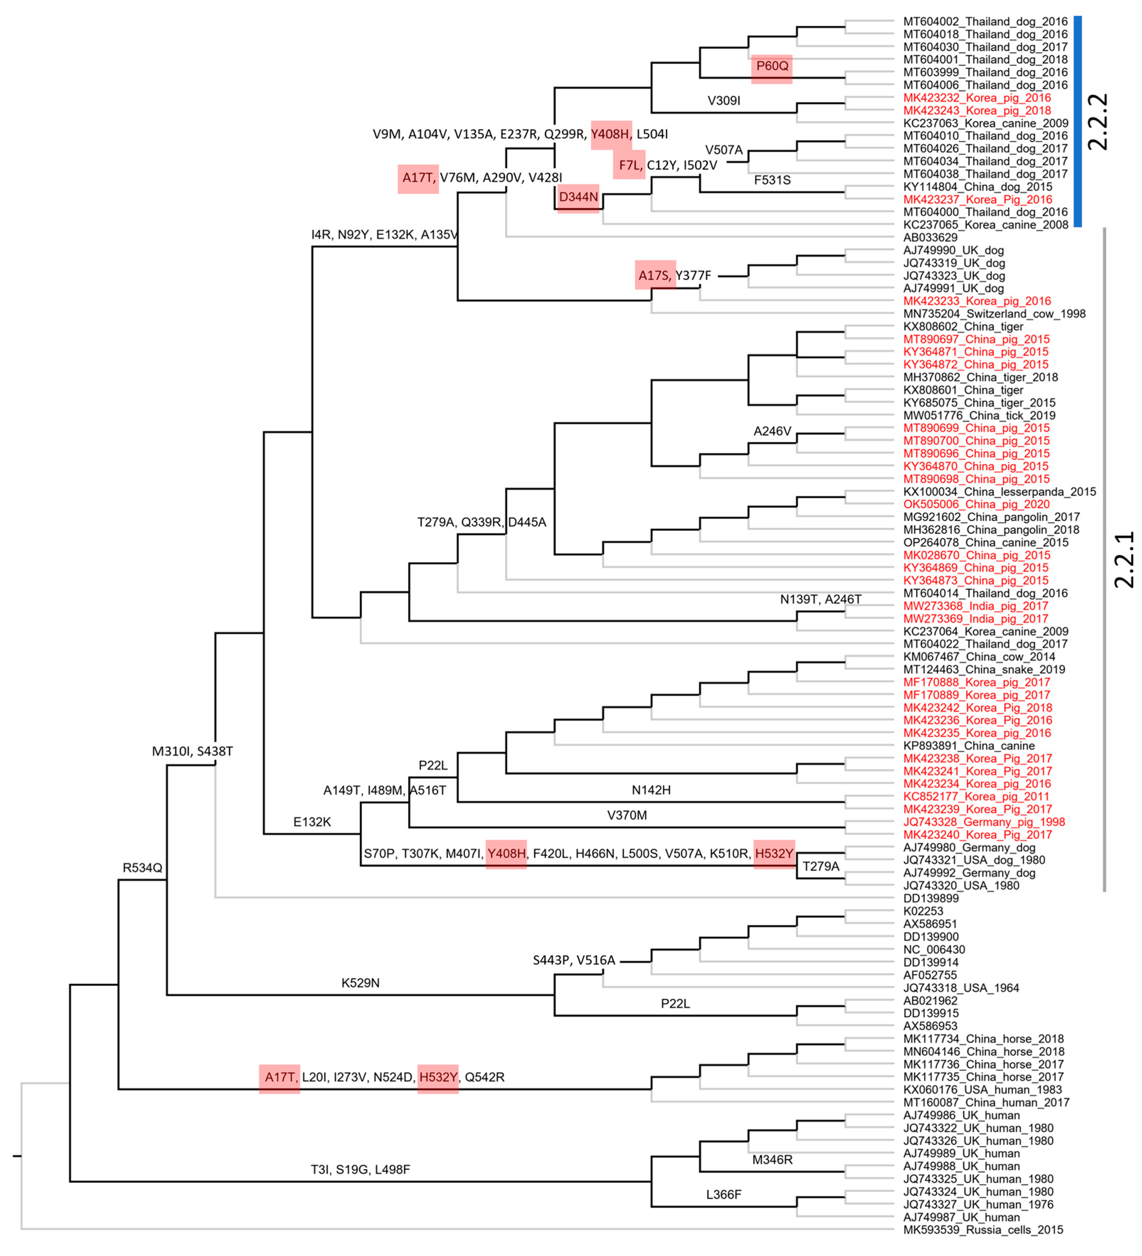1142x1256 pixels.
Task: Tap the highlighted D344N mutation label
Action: pyautogui.click(x=578, y=197)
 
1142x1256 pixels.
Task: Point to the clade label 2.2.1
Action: pyautogui.click(x=1124, y=559)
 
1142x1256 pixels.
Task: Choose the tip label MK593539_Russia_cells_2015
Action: pyautogui.click(x=983, y=1230)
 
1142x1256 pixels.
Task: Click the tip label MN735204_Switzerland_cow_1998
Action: pyautogui.click(x=994, y=314)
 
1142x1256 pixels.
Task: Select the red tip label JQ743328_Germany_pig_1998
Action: pyautogui.click(x=984, y=822)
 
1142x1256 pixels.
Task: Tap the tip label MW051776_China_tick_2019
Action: pyautogui.click(x=979, y=416)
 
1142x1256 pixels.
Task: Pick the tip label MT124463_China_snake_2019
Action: pyautogui.click(x=984, y=670)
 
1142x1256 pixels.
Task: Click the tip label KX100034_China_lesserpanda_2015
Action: pyautogui.click(x=999, y=492)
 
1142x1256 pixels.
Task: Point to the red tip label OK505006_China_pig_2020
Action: pyautogui.click(x=976, y=505)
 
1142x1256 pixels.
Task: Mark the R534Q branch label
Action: pyautogui.click(x=142, y=868)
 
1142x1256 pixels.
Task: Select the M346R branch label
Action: pyautogui.click(x=772, y=1160)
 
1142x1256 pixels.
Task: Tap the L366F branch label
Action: pyautogui.click(x=723, y=1194)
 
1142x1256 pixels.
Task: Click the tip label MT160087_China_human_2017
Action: pyautogui.click(x=986, y=1102)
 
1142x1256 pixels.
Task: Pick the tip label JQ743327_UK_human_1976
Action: pyautogui.click(x=978, y=1204)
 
